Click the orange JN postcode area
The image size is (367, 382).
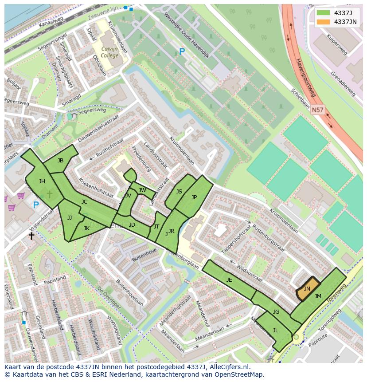click(x=307, y=289)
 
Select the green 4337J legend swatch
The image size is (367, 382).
click(x=323, y=12)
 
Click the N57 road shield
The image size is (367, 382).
click(x=317, y=109)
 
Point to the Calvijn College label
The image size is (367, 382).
click(x=109, y=52)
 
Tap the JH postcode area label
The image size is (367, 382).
click(x=42, y=181)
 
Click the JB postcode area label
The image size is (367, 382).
click(x=60, y=160)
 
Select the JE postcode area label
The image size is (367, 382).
click(x=229, y=280)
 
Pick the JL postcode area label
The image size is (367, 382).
click(x=275, y=330)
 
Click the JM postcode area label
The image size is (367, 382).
click(x=318, y=296)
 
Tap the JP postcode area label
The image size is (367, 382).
click(x=194, y=197)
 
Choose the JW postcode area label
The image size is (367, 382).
click(x=142, y=190)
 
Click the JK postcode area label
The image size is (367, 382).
click(x=86, y=228)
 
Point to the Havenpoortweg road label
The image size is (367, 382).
click(x=306, y=77)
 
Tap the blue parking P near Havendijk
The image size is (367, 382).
click(x=182, y=51)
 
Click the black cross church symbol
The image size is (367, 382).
click(x=31, y=236)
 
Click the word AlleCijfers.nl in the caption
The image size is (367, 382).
click(x=226, y=367)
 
